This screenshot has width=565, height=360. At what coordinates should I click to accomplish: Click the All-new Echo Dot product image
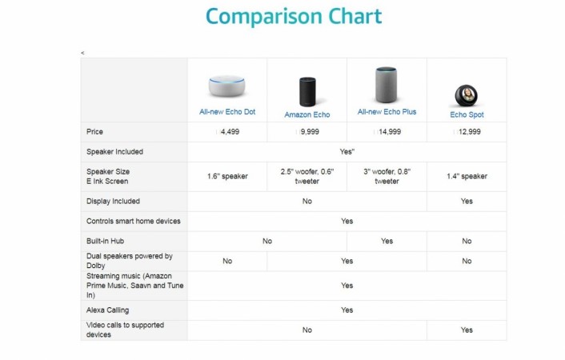tap(226, 86)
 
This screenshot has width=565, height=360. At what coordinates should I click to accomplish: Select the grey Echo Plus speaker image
tap(387, 85)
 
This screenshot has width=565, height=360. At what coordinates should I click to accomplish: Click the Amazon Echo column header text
tap(307, 114)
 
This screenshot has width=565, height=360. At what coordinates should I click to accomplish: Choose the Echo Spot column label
tap(467, 114)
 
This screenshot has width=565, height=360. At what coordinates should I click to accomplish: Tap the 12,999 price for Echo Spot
tap(469, 131)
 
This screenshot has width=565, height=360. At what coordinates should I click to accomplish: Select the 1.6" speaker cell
tap(227, 176)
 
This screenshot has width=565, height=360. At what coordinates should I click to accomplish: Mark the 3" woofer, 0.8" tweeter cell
tap(387, 176)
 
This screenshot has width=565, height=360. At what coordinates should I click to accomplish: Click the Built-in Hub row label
tap(106, 241)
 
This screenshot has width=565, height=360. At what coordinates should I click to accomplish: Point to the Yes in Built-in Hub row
tap(387, 241)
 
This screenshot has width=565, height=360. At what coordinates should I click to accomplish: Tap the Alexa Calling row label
tap(107, 309)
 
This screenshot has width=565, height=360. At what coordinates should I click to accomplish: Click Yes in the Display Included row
tap(467, 201)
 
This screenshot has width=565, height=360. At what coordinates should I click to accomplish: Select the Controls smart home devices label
tap(133, 221)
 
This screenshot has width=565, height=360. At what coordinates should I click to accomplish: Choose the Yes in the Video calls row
tap(467, 330)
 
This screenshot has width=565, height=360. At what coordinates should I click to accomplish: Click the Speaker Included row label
tap(114, 151)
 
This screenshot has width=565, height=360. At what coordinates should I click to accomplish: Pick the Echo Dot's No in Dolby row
tap(227, 261)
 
